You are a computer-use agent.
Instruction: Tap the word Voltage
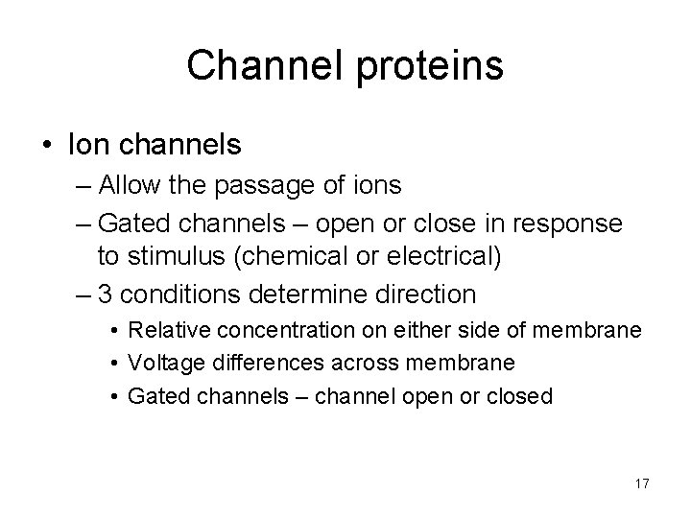coord(162,364)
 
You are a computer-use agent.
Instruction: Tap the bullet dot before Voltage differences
coord(114,364)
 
